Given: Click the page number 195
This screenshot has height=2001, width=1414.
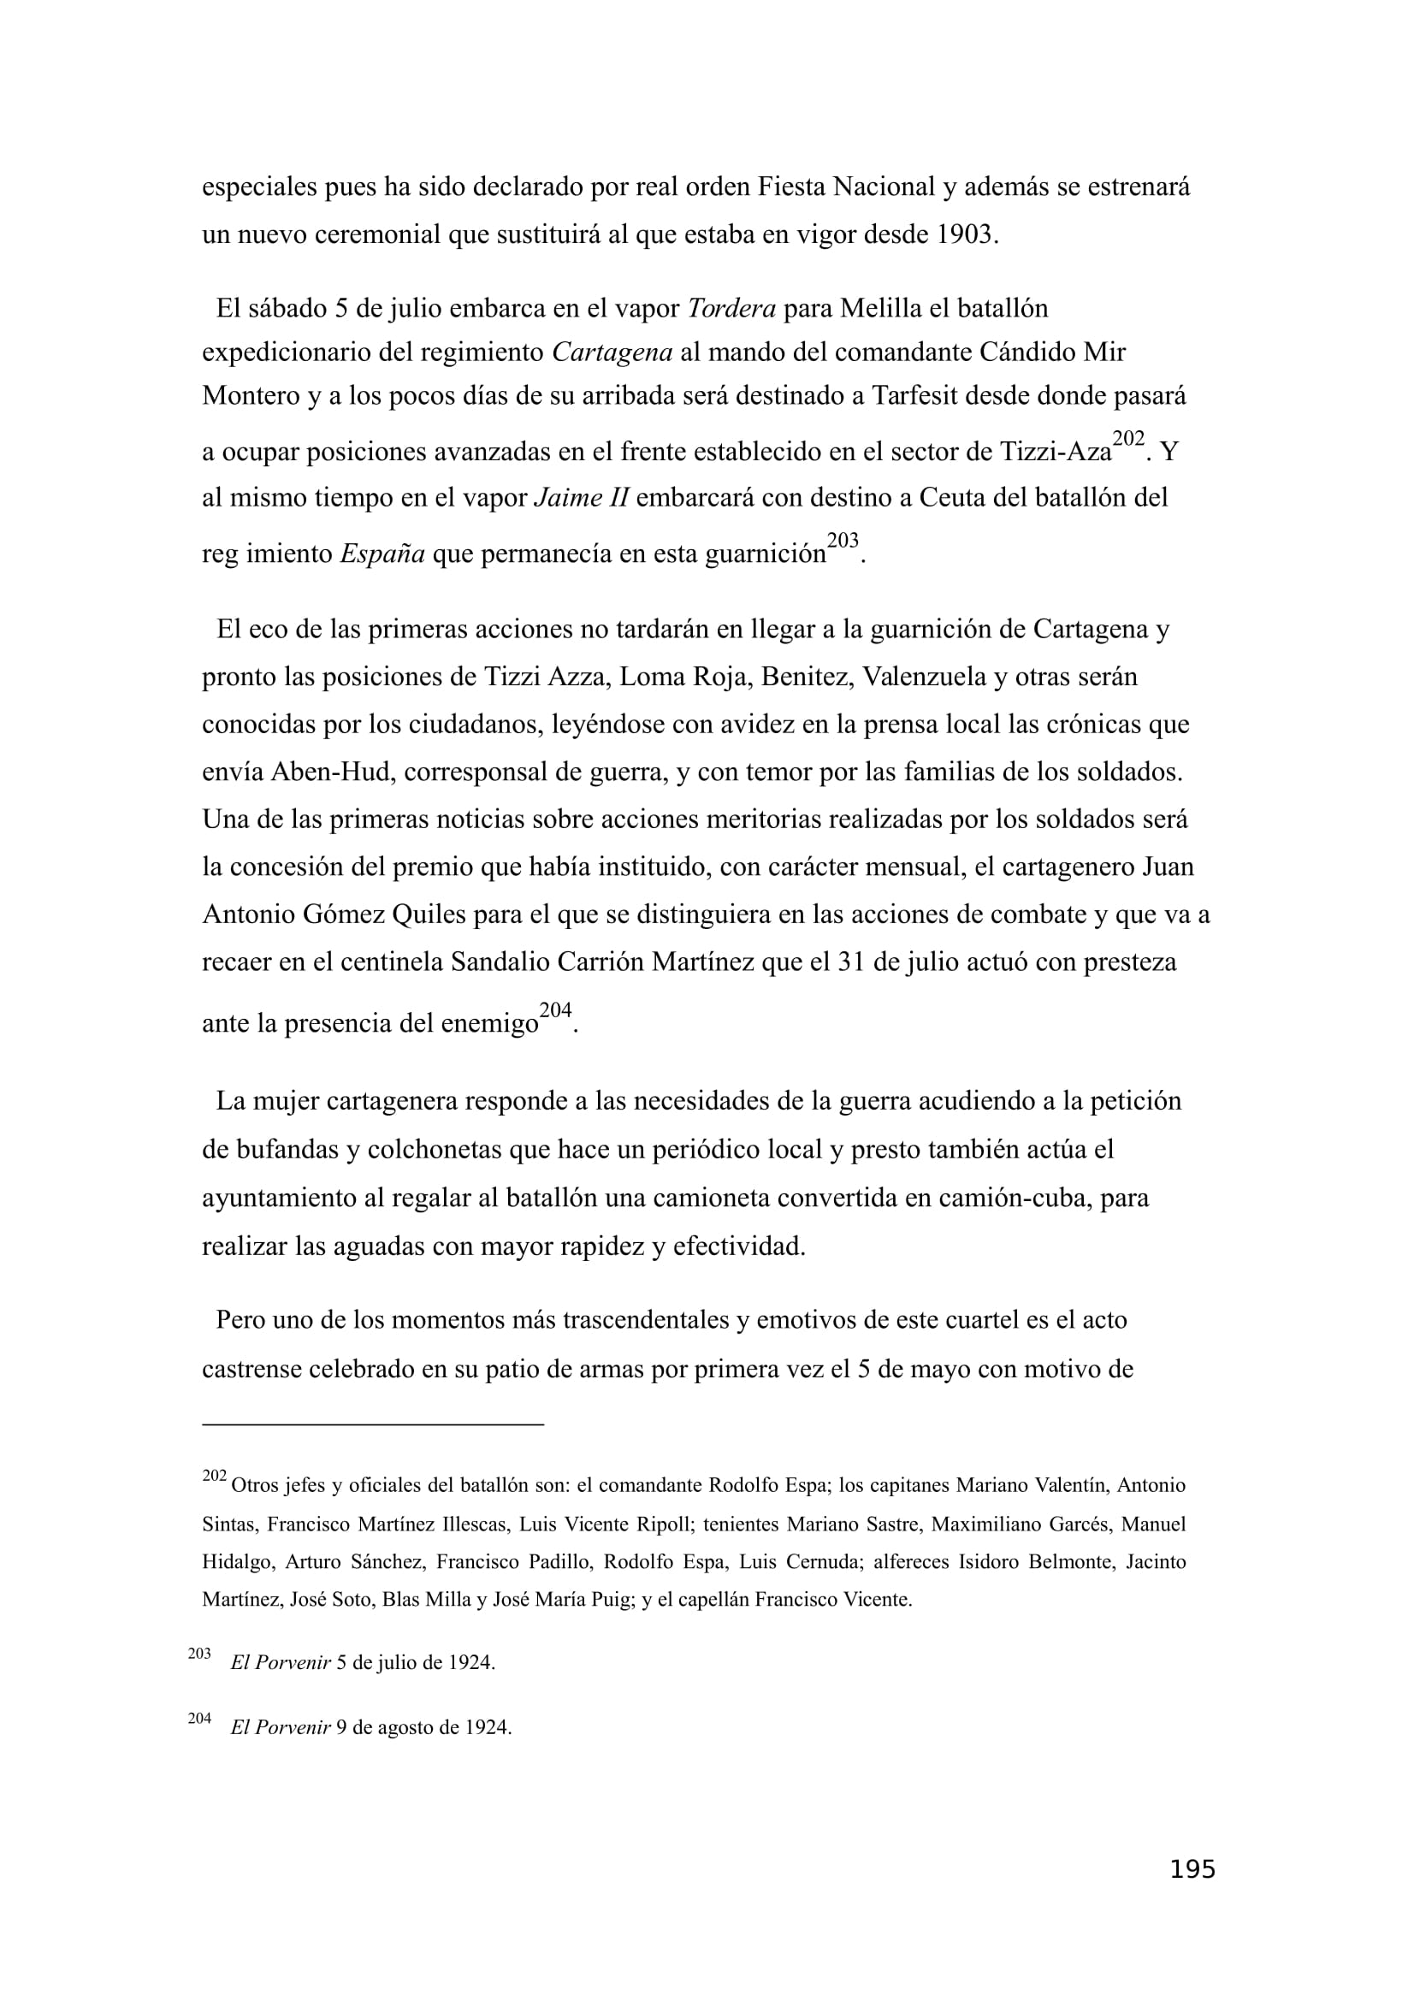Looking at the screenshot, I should (x=1192, y=1893).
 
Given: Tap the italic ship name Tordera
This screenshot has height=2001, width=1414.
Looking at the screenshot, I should (x=731, y=309).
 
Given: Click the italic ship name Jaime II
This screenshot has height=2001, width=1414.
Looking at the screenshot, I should (x=580, y=498).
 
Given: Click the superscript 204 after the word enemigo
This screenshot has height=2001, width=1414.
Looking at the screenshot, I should (x=555, y=1010).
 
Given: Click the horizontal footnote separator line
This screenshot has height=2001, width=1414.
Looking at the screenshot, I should (x=373, y=1424).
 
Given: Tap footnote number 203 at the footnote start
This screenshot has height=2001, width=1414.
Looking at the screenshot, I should (x=199, y=1654).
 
